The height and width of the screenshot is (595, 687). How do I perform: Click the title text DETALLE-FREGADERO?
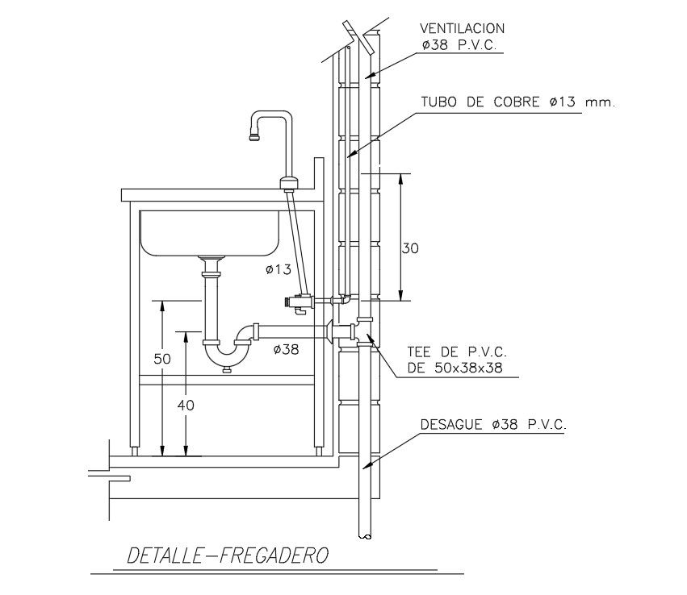pyautogui.click(x=228, y=555)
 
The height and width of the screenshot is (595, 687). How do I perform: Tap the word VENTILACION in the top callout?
pyautogui.click(x=463, y=29)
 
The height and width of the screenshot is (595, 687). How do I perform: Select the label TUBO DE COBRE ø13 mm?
pyautogui.click(x=517, y=102)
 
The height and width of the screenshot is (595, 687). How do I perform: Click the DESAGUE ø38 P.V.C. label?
pyautogui.click(x=492, y=424)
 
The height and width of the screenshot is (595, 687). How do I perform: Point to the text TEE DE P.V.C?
pyautogui.click(x=457, y=352)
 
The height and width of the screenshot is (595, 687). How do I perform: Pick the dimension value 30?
pyautogui.click(x=410, y=249)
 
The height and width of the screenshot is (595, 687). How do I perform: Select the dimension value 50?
pyautogui.click(x=162, y=359)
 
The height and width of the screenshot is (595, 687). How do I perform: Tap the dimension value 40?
pyautogui.click(x=186, y=406)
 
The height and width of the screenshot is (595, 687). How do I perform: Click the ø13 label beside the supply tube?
pyautogui.click(x=277, y=270)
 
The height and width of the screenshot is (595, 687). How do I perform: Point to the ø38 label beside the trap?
pyautogui.click(x=286, y=349)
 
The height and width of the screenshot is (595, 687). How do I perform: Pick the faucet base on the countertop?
pyautogui.click(x=288, y=184)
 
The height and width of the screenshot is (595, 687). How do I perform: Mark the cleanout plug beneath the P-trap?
pyautogui.click(x=227, y=369)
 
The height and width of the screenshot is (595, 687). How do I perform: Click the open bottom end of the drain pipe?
pyautogui.click(x=366, y=535)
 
